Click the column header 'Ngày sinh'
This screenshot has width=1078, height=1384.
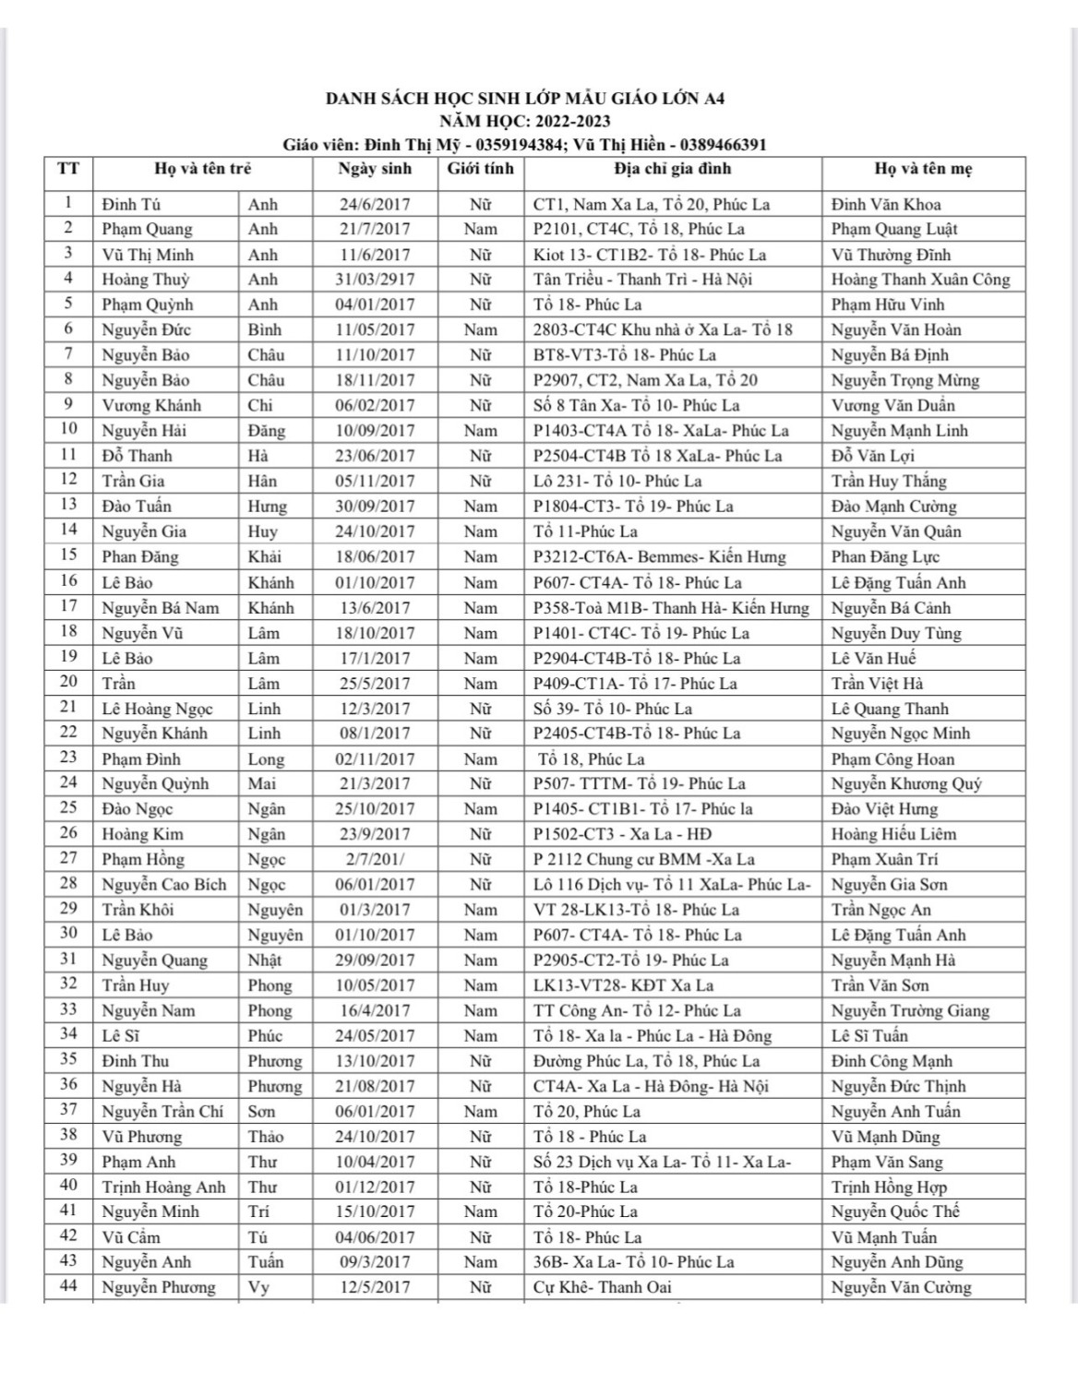(x=375, y=169)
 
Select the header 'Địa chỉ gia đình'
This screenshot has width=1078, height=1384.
(x=672, y=169)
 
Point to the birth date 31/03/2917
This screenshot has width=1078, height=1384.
(x=375, y=280)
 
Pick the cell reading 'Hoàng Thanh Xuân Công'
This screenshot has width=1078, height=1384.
(x=920, y=280)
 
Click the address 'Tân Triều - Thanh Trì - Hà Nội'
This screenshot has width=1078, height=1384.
(x=642, y=280)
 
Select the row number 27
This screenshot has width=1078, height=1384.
(x=68, y=859)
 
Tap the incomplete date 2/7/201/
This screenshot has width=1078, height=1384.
(x=375, y=859)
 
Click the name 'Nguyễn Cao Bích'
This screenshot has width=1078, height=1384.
(x=163, y=884)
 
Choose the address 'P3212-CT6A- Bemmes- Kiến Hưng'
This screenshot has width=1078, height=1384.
(x=660, y=556)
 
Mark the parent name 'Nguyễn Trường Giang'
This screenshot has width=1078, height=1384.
(x=910, y=1010)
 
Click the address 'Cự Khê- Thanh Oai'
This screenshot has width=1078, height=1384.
(x=602, y=1287)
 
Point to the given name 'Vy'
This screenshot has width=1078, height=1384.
(x=258, y=1287)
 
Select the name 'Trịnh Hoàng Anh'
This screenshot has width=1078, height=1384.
(x=163, y=1187)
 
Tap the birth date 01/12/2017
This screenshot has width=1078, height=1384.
(x=375, y=1187)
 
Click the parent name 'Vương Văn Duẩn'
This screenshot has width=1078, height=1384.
(x=892, y=405)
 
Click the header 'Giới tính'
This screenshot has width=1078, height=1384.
(x=480, y=169)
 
